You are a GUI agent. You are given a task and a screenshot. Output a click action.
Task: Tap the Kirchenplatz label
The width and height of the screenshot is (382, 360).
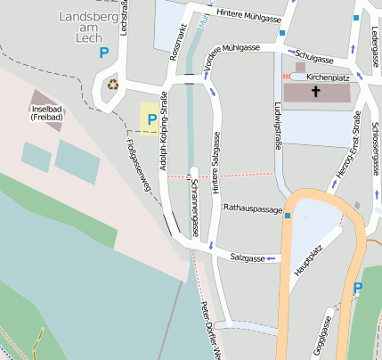(x=327, y=78)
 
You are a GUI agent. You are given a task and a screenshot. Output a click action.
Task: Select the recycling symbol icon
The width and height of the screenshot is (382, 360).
(x=113, y=85)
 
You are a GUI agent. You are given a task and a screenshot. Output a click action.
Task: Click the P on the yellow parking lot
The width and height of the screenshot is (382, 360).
(x=151, y=119)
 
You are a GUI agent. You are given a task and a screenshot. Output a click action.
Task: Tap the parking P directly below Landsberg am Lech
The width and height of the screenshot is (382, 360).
(x=104, y=53)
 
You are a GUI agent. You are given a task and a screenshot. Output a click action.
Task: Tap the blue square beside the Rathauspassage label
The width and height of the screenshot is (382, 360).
(x=289, y=215)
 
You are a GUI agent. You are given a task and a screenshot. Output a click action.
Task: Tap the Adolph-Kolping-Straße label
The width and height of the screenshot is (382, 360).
(x=163, y=130)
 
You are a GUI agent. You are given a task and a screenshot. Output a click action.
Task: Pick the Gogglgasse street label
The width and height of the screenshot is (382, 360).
(x=321, y=337)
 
